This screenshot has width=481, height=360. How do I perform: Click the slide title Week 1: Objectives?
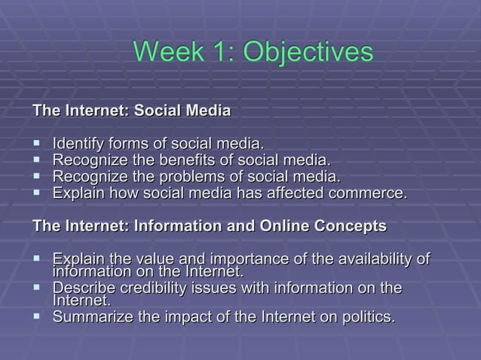pyautogui.click(x=253, y=52)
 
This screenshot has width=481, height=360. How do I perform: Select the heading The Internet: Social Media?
pyautogui.click(x=131, y=111)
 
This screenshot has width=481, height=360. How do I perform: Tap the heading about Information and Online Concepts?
pyautogui.click(x=209, y=226)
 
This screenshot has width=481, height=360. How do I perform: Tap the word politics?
pyautogui.click(x=365, y=318)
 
